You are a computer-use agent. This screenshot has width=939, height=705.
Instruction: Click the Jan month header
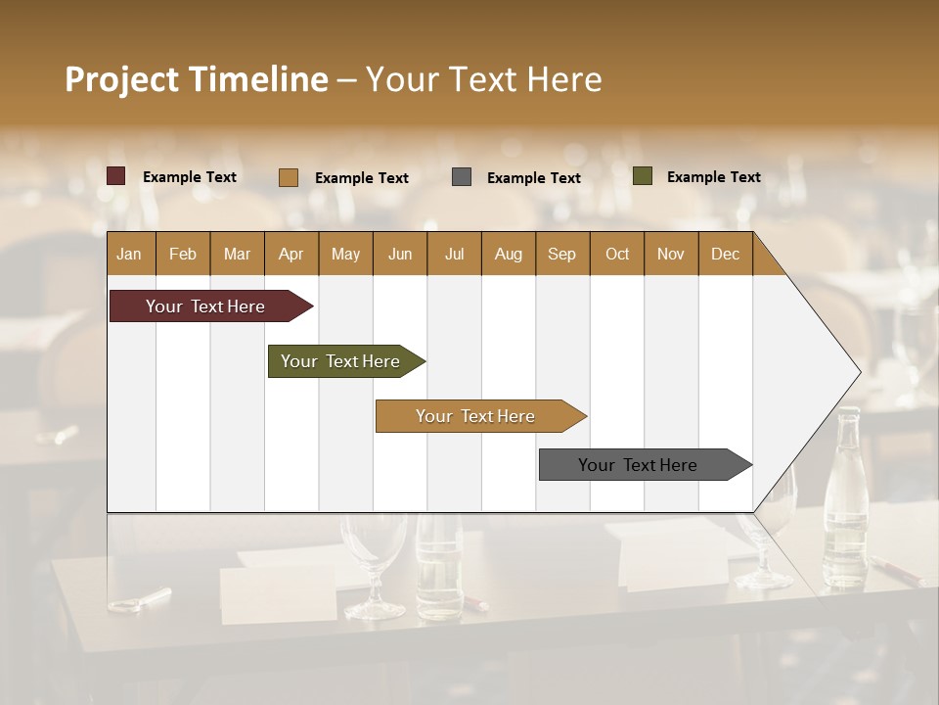[130, 254]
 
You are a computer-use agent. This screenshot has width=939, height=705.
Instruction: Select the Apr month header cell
[291, 254]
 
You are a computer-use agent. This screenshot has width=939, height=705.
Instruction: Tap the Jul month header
[454, 254]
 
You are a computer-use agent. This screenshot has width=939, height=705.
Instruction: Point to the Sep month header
[562, 254]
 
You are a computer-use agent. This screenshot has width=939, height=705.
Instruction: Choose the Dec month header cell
[725, 254]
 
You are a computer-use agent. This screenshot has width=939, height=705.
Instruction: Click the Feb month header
[183, 254]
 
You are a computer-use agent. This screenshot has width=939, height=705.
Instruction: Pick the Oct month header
[617, 254]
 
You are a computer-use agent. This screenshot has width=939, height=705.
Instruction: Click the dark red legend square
[116, 176]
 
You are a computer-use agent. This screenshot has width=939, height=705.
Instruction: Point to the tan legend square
[289, 177]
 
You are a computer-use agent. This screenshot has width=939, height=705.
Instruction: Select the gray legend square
[462, 177]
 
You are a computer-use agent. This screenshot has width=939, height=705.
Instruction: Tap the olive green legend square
[643, 176]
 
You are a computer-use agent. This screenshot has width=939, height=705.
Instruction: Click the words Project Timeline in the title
[197, 79]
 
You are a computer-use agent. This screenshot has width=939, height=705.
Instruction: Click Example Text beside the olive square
[713, 177]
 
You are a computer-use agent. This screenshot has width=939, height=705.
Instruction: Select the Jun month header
[400, 254]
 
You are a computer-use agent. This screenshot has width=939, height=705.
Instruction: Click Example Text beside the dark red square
[189, 177]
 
